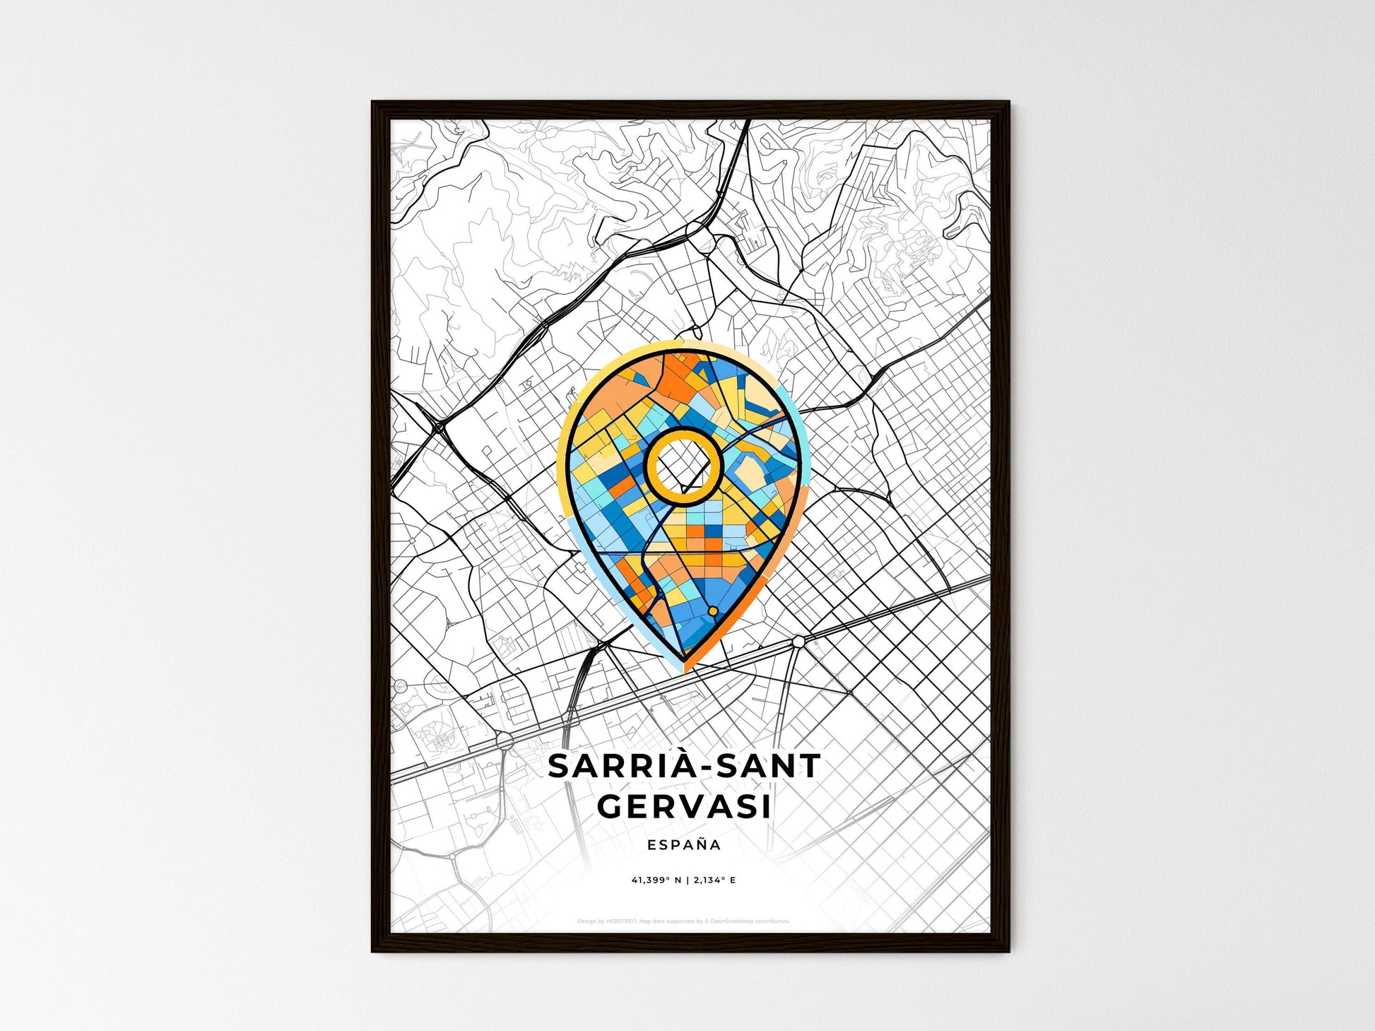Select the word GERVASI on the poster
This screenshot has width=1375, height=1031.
pos(684,806)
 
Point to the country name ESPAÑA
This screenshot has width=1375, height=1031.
pos(684,844)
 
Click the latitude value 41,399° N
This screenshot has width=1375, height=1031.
pos(656,880)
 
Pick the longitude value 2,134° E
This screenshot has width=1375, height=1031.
pos(715,880)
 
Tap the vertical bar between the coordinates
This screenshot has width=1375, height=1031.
pos(687,880)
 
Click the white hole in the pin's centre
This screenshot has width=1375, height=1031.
pos(683,466)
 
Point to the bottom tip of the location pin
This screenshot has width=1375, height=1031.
pos(683,664)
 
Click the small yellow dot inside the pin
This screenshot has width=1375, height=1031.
pos(713,611)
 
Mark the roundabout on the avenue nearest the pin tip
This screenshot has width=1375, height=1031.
pos(798,641)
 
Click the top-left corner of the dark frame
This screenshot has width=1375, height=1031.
pos(374,103)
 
